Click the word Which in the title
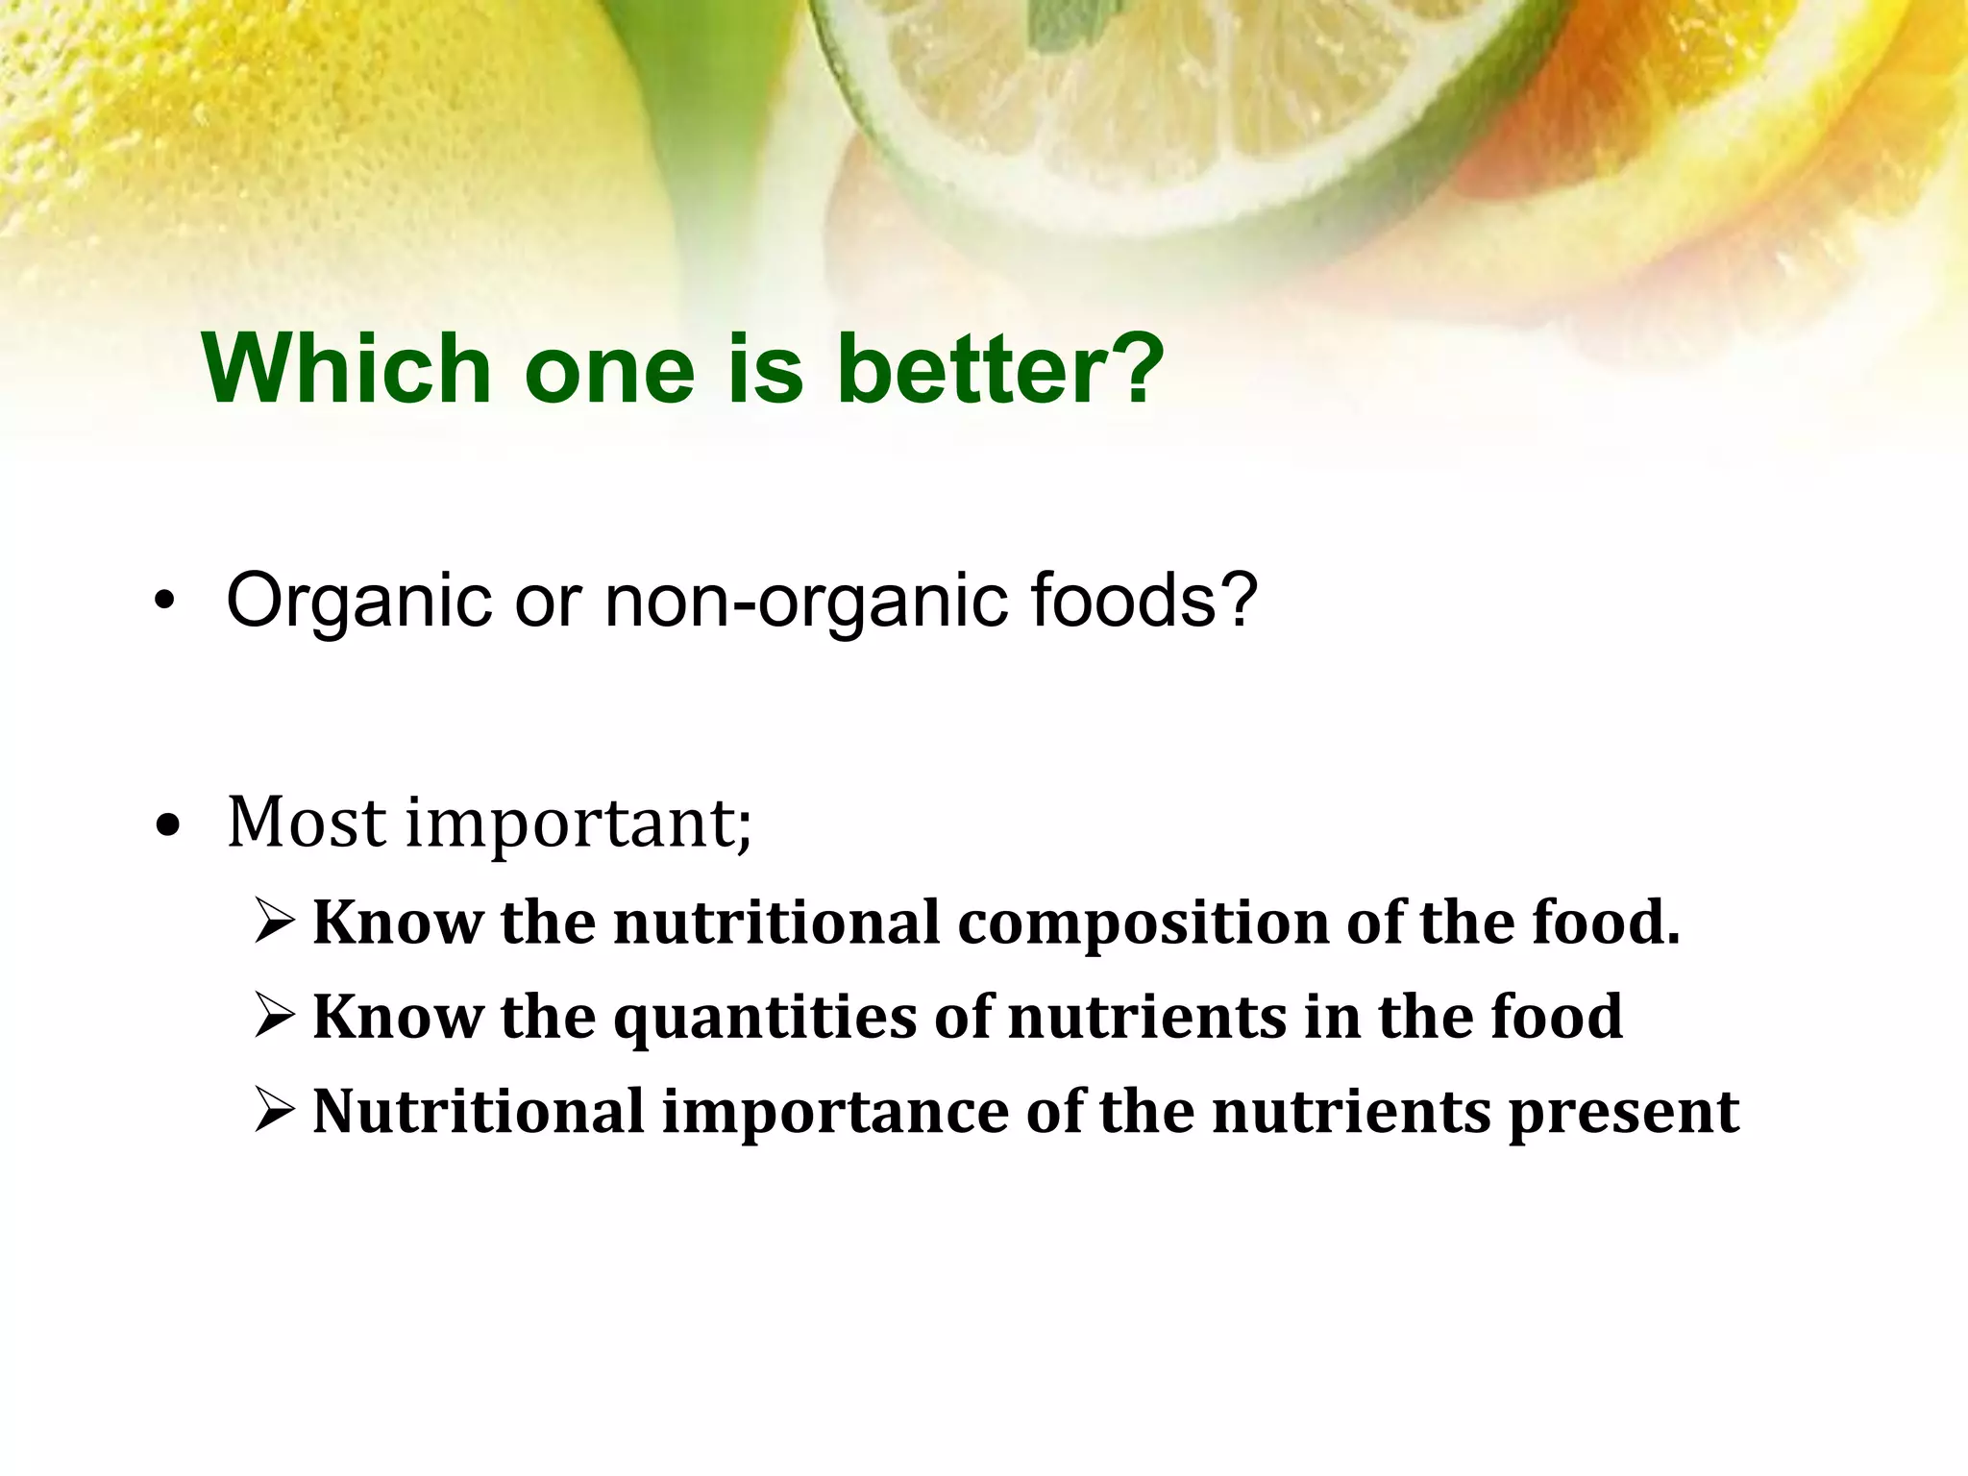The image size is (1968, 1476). [347, 369]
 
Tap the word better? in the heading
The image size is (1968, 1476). [1000, 369]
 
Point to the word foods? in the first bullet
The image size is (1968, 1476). [1144, 600]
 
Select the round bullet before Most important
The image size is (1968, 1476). [167, 825]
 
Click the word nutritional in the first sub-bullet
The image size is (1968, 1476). [776, 922]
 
